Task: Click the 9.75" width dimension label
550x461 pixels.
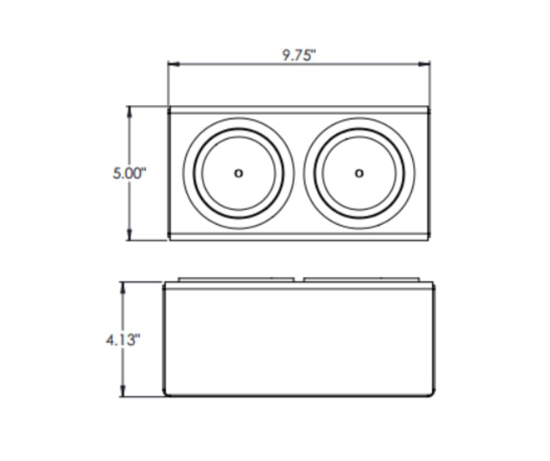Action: pos(299,55)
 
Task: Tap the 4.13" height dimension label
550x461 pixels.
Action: pos(123,340)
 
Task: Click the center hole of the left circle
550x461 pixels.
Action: pos(239,173)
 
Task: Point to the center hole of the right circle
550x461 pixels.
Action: pos(359,173)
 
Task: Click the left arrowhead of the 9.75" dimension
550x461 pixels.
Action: pos(174,64)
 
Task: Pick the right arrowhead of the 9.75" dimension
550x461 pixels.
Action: pos(424,64)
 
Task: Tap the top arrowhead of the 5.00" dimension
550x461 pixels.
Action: pos(129,112)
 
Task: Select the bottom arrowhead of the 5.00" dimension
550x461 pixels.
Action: pos(129,235)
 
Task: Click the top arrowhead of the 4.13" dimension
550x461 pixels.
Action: pos(123,288)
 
